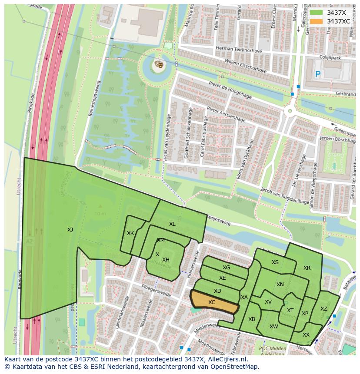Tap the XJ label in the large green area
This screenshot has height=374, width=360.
pyautogui.click(x=70, y=230)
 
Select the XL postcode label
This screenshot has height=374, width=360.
pyautogui.click(x=172, y=224)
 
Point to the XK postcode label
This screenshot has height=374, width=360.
pyautogui.click(x=130, y=233)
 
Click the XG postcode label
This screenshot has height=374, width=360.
pyautogui.click(x=226, y=268)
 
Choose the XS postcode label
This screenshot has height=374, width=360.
pyautogui.click(x=275, y=262)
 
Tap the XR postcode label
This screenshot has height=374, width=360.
pyautogui.click(x=307, y=268)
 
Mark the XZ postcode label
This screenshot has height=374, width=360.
pyautogui.click(x=323, y=309)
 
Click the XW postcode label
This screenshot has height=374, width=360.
pyautogui.click(x=273, y=327)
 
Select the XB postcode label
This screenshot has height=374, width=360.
pyautogui.click(x=252, y=319)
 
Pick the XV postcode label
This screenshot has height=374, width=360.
pyautogui.click(x=268, y=302)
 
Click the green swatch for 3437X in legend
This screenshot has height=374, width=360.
pyautogui.click(x=316, y=13)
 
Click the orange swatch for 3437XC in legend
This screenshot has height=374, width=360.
pyautogui.click(x=316, y=21)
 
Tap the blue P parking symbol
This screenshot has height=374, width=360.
pyautogui.click(x=318, y=74)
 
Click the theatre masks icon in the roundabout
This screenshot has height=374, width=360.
pyautogui.click(x=159, y=65)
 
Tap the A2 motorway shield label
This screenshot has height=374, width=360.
pyautogui.click(x=29, y=242)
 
